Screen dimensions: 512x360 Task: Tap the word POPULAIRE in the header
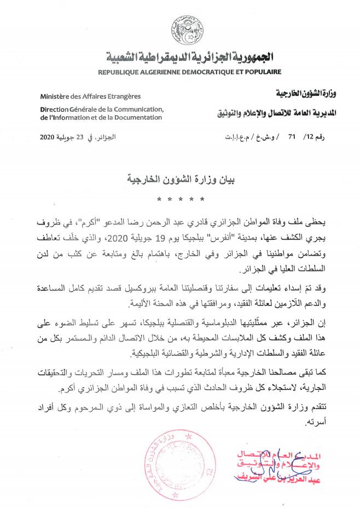[x=262, y=72]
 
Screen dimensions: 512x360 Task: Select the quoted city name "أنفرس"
[x=211, y=239]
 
